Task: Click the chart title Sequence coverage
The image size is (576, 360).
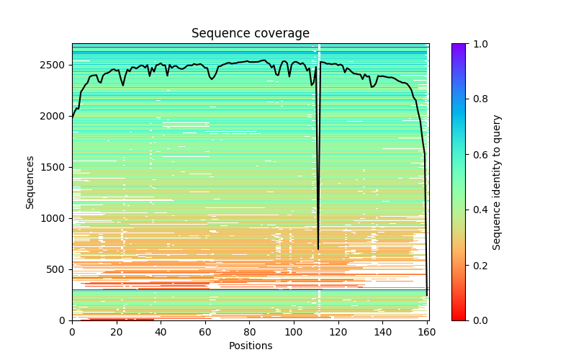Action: pyautogui.click(x=250, y=34)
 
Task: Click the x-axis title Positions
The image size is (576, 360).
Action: pyautogui.click(x=250, y=346)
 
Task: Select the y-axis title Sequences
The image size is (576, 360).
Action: pyautogui.click(x=30, y=181)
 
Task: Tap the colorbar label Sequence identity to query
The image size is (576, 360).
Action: pyautogui.click(x=497, y=181)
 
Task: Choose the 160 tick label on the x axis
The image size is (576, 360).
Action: pyautogui.click(x=427, y=332)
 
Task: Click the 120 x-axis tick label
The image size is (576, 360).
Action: pyautogui.click(x=338, y=332)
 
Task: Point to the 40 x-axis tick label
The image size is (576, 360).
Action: pyautogui.click(x=161, y=332)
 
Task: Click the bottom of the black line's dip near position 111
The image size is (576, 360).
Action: pyautogui.click(x=318, y=249)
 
